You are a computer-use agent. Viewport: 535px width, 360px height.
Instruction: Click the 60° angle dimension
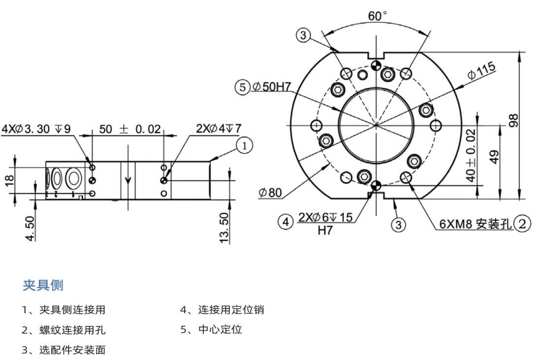(378, 16)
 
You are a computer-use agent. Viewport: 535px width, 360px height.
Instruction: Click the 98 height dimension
(513, 121)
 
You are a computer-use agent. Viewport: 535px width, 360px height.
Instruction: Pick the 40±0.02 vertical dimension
(471, 155)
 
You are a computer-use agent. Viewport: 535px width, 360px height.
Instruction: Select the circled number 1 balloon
(245, 145)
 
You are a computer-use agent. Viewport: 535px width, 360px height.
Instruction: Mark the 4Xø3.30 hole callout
(36, 129)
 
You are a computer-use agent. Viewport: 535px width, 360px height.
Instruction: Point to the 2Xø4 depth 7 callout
(219, 129)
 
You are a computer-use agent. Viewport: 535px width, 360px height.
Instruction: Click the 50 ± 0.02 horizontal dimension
(130, 129)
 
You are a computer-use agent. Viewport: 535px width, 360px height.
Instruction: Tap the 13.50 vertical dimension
(224, 227)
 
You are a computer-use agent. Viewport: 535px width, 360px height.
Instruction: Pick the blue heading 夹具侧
(43, 285)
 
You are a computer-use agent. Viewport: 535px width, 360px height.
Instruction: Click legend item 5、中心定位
(211, 329)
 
